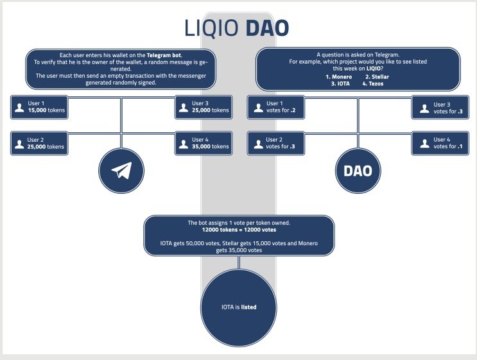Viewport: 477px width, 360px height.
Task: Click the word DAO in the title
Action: [x=267, y=28]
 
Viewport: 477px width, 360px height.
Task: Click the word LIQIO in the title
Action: [x=211, y=28]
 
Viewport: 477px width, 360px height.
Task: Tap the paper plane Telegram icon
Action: [x=122, y=170]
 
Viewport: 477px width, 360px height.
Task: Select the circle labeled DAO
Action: [x=358, y=171]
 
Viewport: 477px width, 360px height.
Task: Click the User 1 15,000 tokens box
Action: [x=39, y=107]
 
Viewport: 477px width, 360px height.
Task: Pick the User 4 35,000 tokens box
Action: [x=204, y=143]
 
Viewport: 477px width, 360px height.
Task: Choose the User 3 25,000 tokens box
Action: [x=204, y=107]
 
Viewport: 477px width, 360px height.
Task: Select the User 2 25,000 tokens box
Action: [x=39, y=143]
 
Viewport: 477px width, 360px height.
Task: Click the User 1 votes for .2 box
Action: [x=276, y=107]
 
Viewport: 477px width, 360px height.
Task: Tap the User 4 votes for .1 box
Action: [x=440, y=143]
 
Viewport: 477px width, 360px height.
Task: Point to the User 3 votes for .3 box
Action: [x=440, y=107]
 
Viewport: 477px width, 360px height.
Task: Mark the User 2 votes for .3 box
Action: [x=276, y=143]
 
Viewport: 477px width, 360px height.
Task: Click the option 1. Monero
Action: [x=339, y=77]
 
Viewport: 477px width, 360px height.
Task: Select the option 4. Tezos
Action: [x=373, y=83]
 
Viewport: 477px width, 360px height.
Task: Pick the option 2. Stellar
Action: [x=377, y=77]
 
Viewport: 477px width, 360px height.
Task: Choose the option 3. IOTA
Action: [x=340, y=83]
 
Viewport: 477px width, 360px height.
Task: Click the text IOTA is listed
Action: [x=239, y=307]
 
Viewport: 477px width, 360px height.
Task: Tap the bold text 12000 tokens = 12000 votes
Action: [x=239, y=230]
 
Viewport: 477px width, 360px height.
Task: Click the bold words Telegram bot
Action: [x=164, y=55]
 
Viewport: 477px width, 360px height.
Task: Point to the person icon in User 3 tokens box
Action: [x=184, y=108]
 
